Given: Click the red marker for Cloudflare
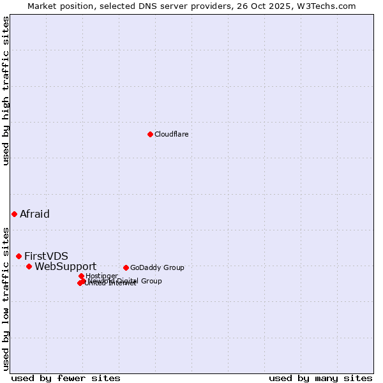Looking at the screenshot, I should pyautogui.click(x=150, y=134).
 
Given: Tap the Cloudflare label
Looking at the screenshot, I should pyautogui.click(x=171, y=134).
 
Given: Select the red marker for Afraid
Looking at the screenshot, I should pyautogui.click(x=14, y=214).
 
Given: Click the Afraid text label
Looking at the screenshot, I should pyautogui.click(x=34, y=214).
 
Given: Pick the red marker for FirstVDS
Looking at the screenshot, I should pyautogui.click(x=19, y=256).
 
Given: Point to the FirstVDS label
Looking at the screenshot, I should pyautogui.click(x=46, y=256).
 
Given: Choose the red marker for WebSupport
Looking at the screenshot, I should pyautogui.click(x=29, y=266).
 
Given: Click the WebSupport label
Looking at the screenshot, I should pyautogui.click(x=65, y=266).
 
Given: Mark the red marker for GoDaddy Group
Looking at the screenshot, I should pyautogui.click(x=126, y=267).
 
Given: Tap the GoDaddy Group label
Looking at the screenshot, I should pyautogui.click(x=157, y=267).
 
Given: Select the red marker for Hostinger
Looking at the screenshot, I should pyautogui.click(x=81, y=276).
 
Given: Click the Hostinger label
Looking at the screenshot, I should pyautogui.click(x=101, y=276).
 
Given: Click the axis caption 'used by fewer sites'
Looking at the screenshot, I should pyautogui.click(x=66, y=378).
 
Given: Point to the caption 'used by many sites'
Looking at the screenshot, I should pyautogui.click(x=320, y=378).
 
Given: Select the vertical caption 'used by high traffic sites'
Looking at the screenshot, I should pyautogui.click(x=6, y=91).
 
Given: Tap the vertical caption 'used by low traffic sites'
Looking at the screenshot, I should pyautogui.click(x=6, y=298).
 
